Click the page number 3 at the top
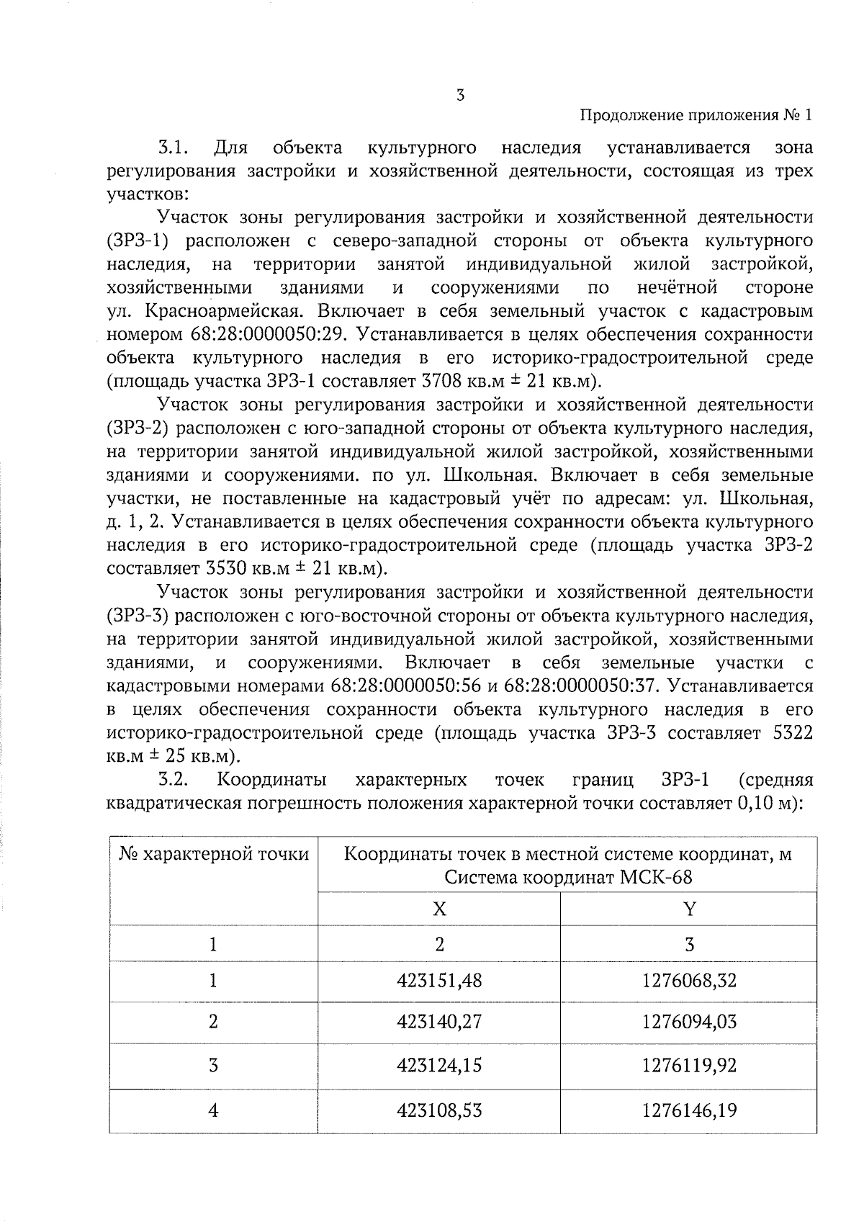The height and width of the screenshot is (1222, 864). (x=459, y=95)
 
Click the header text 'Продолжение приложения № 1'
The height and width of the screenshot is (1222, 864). (x=696, y=116)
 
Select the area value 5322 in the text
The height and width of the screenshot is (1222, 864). (x=791, y=733)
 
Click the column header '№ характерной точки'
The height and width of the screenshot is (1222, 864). (x=214, y=855)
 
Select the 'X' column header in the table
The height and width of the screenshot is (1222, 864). (x=439, y=909)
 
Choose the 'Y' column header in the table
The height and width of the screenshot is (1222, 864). (x=689, y=909)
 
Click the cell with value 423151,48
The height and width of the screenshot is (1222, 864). (x=439, y=981)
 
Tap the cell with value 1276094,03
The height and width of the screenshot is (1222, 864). (x=689, y=1022)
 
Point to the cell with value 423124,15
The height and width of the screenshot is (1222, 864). (x=439, y=1065)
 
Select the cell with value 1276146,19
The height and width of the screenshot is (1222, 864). (x=689, y=1110)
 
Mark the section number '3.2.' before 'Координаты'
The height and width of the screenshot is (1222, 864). (x=174, y=781)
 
